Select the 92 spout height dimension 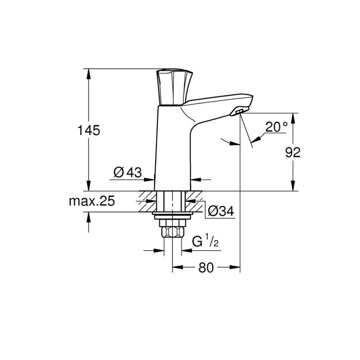coord(293,152)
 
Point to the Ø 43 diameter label coord(127,172)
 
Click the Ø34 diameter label coord(221,212)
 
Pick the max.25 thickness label coord(91,202)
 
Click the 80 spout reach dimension coord(206,268)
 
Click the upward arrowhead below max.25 coord(88,216)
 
